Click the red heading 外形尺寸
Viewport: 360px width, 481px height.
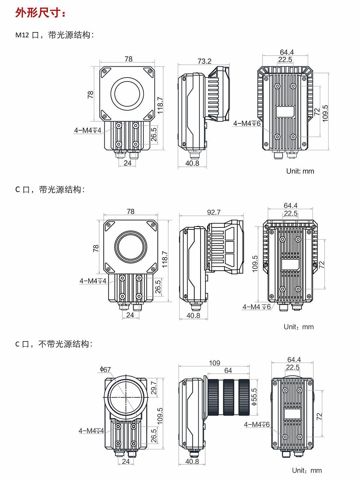click(x=40, y=13)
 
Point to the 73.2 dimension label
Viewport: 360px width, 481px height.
click(x=204, y=61)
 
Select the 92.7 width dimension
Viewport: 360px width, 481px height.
click(x=214, y=212)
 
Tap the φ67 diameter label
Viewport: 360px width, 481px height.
click(x=105, y=369)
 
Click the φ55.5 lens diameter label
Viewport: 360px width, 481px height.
click(x=254, y=397)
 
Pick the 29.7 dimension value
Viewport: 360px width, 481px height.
click(x=154, y=388)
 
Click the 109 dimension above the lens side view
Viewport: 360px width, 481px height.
click(x=214, y=363)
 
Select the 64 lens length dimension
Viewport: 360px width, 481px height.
click(x=228, y=370)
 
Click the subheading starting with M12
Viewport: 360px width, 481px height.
click(x=54, y=35)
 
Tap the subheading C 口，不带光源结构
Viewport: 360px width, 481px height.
click(x=54, y=344)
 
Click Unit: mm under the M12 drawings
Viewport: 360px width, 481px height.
click(x=300, y=171)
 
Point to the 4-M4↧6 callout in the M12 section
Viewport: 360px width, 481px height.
click(x=247, y=123)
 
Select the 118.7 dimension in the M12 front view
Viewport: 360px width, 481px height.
click(x=160, y=105)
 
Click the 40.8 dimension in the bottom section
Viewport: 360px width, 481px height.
click(x=192, y=461)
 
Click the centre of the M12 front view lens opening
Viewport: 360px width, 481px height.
click(x=127, y=94)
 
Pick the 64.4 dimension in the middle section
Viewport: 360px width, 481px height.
click(x=291, y=205)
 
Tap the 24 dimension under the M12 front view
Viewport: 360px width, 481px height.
click(x=128, y=163)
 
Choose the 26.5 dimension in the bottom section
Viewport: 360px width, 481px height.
click(x=154, y=436)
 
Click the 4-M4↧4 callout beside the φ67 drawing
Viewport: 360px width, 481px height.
click(x=91, y=431)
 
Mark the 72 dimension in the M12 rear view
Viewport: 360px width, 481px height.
click(x=317, y=112)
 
